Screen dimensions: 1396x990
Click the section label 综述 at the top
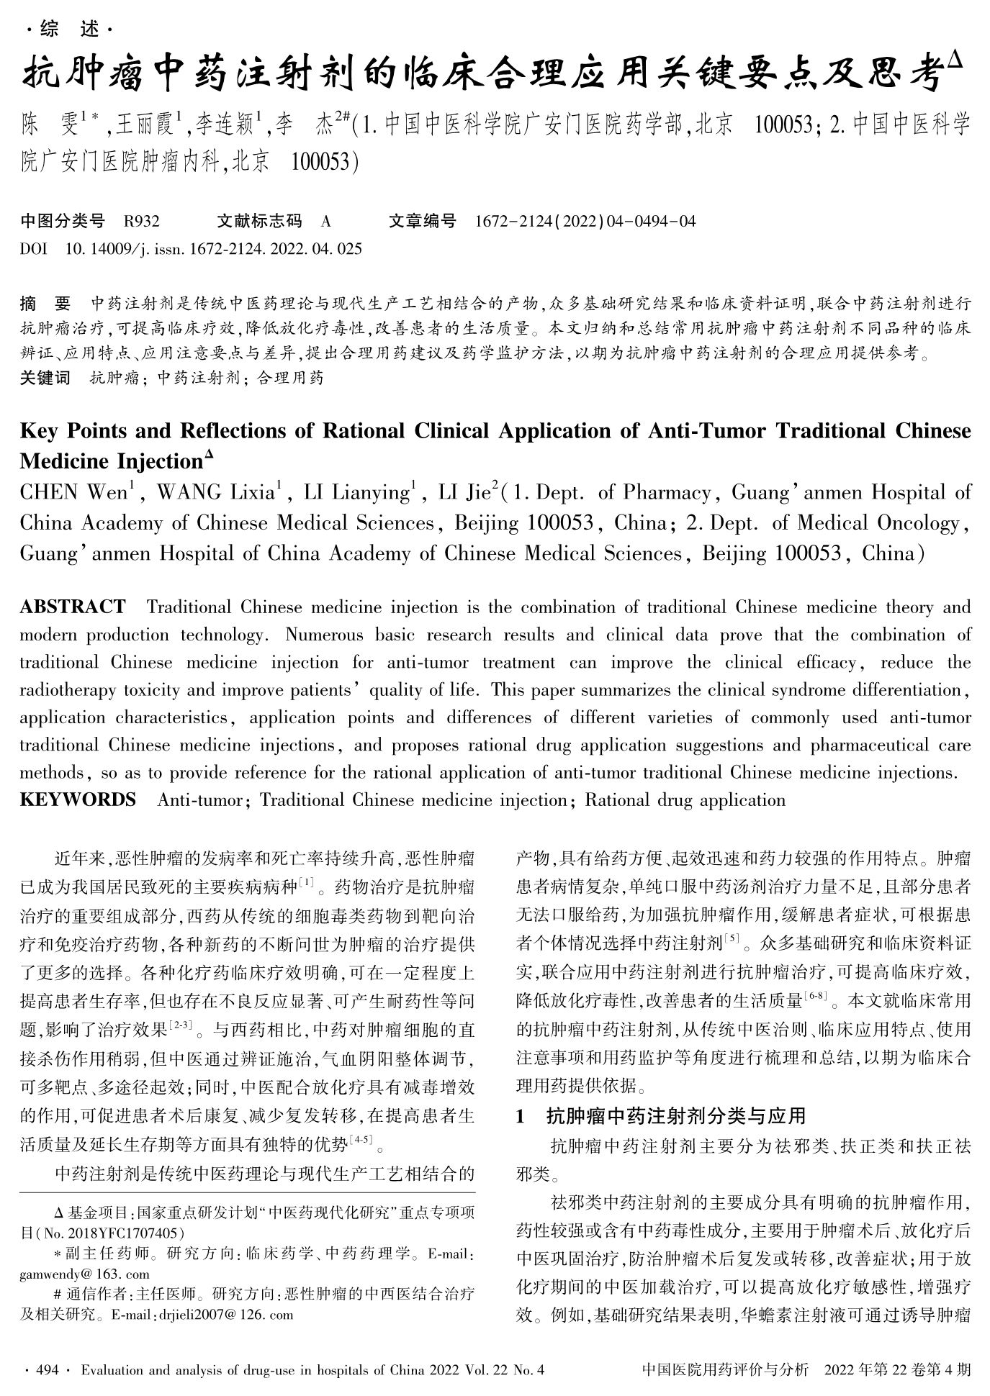point(68,30)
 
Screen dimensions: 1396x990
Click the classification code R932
point(141,221)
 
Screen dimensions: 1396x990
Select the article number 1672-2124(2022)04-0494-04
point(585,221)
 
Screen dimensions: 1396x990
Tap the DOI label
point(34,249)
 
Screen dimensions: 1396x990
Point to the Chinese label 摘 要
point(45,303)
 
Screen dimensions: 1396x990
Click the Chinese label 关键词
point(45,378)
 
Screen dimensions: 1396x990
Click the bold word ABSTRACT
point(73,607)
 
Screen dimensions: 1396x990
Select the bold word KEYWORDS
point(78,799)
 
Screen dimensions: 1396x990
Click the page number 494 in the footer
point(47,1369)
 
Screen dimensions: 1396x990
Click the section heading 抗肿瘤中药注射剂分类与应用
point(675,1116)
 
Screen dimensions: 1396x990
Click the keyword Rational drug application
point(685,799)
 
